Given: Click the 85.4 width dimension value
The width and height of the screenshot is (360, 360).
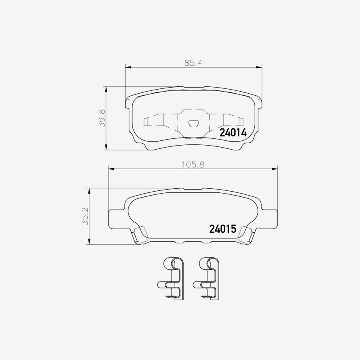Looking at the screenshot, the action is (193, 63).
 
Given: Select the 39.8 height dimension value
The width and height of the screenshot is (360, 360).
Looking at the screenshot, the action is (102, 118).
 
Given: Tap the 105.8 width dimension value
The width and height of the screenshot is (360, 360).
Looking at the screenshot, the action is (193, 165).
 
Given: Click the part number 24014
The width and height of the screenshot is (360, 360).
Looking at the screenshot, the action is (233, 133).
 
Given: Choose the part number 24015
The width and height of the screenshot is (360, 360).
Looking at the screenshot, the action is (223, 229).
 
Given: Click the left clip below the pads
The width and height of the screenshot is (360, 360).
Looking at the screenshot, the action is (170, 278).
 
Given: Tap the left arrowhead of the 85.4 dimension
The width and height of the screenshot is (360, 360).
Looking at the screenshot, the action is (128, 67).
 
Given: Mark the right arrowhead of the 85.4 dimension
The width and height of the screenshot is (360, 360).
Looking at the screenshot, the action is (259, 67).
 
